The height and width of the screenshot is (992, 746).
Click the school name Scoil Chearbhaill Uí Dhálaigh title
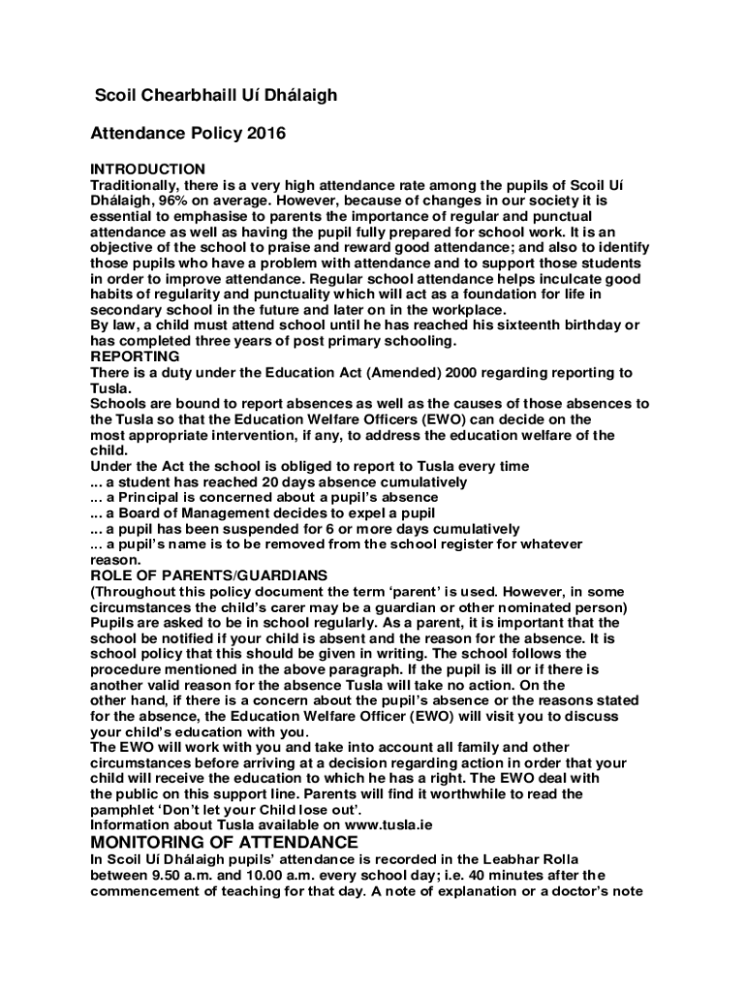(x=215, y=96)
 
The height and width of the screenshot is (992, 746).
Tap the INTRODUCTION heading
(x=147, y=170)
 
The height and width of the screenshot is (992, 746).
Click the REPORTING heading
(x=135, y=356)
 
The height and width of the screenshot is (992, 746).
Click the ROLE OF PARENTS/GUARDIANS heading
(x=208, y=575)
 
